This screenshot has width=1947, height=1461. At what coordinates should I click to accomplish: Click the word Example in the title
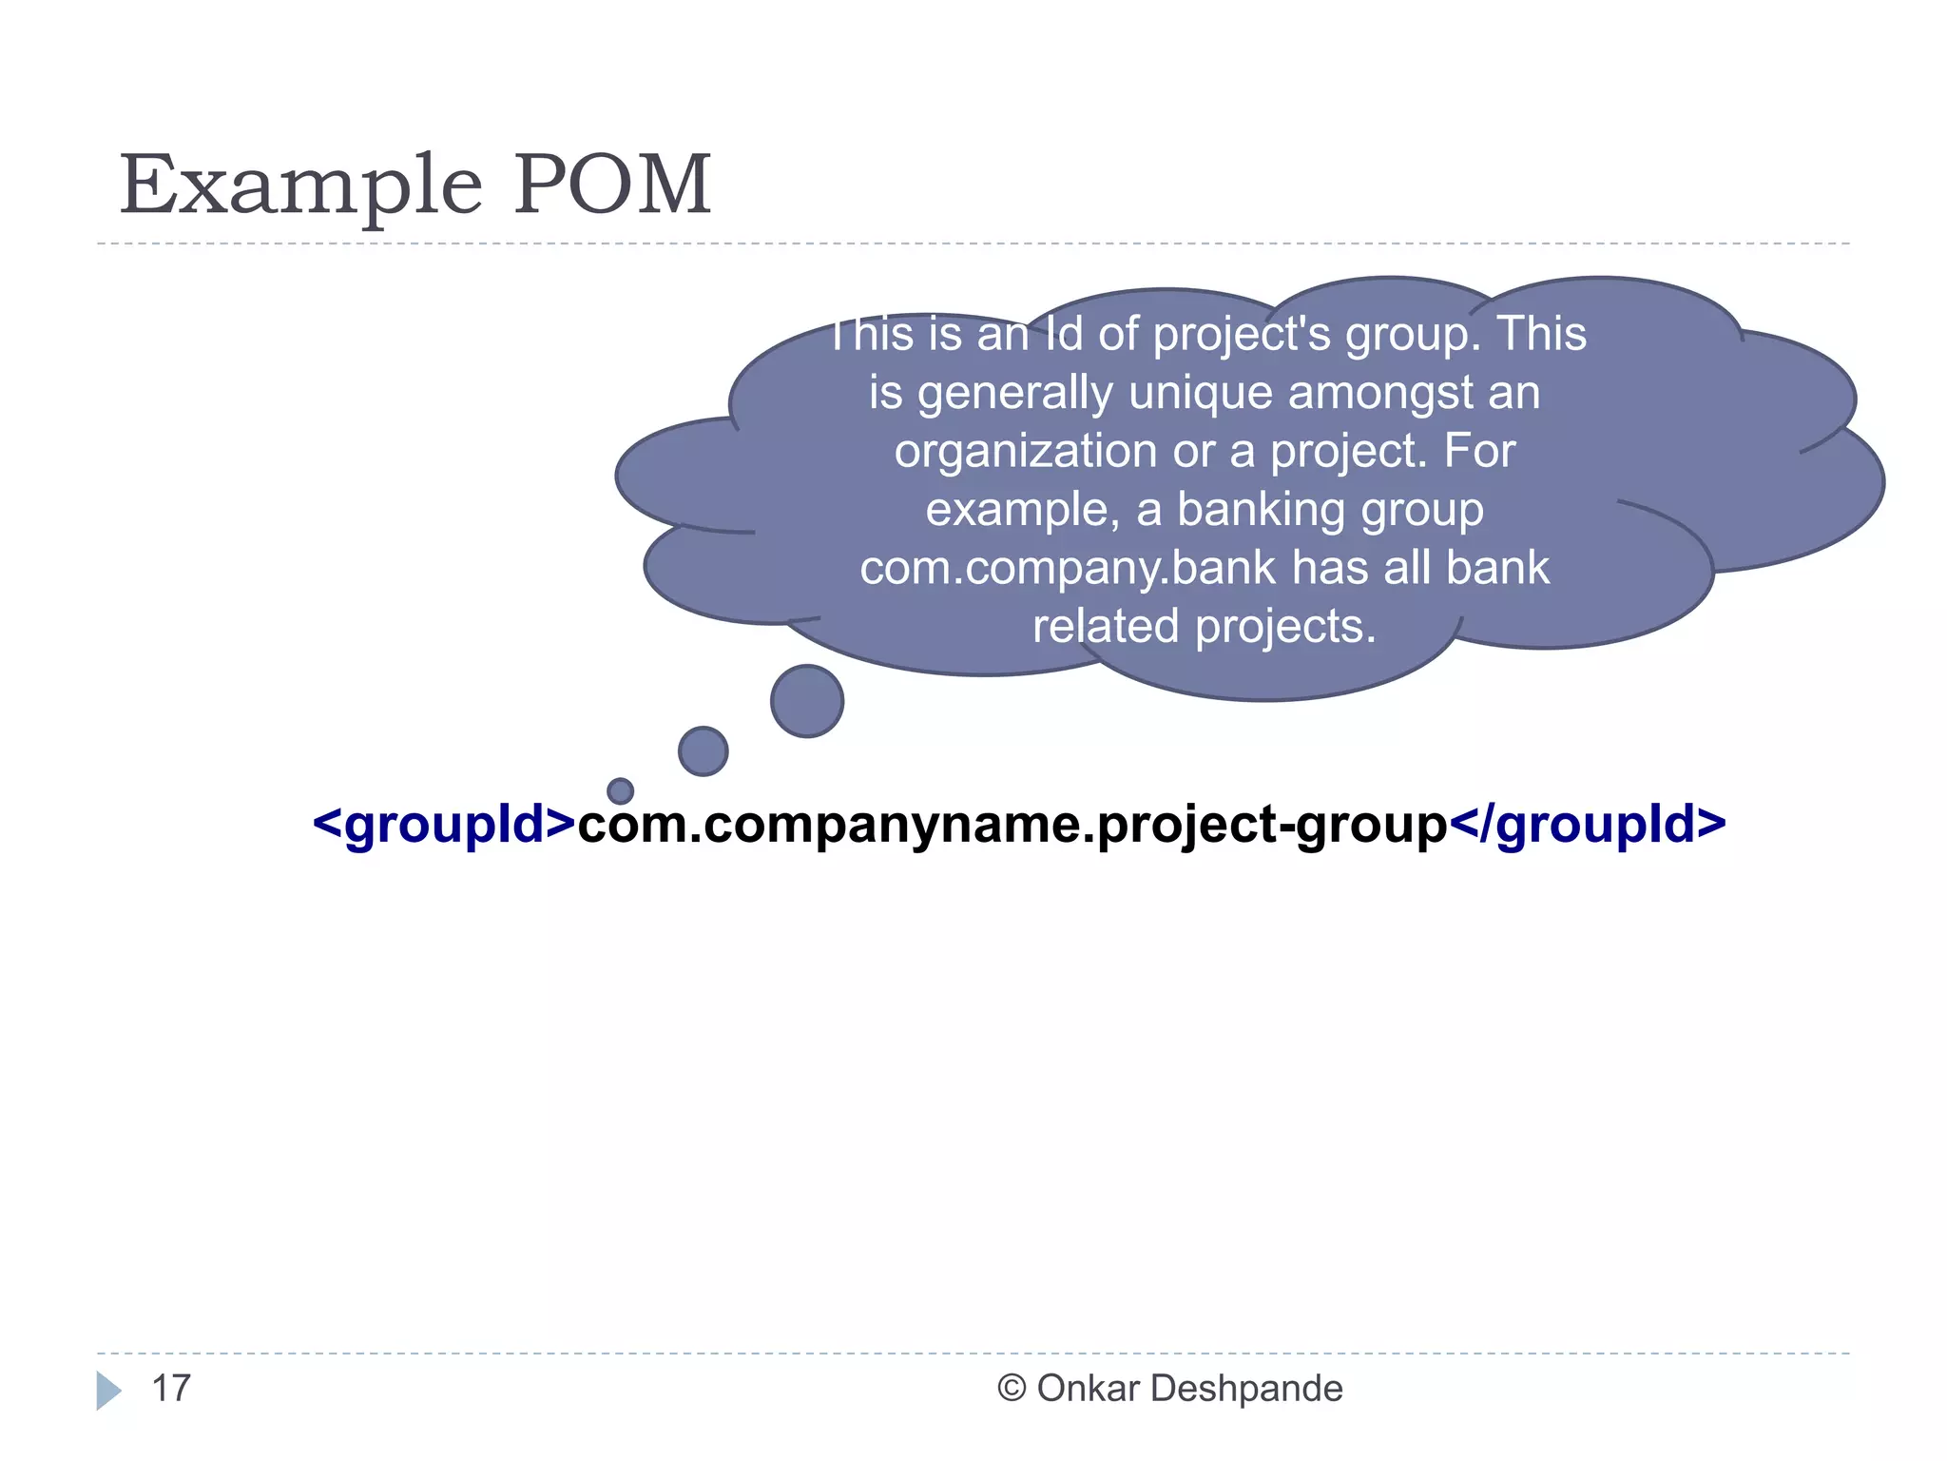[x=300, y=185]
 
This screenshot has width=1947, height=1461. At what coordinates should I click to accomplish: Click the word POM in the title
[x=612, y=185]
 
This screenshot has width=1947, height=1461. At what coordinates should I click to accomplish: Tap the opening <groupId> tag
[x=444, y=824]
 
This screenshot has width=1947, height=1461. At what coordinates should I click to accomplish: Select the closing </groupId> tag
[x=1587, y=824]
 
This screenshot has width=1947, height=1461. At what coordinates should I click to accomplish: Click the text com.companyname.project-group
[x=1012, y=824]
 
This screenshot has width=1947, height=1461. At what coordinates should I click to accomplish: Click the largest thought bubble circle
[x=807, y=701]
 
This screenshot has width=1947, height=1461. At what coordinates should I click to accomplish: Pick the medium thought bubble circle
[x=704, y=750]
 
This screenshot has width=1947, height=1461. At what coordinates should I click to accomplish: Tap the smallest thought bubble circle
[x=620, y=790]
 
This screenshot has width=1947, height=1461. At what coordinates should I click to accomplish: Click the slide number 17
[x=171, y=1389]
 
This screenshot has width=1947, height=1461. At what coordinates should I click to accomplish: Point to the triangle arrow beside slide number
[x=107, y=1391]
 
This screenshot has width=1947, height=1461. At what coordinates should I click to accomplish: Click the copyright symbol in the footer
[x=1012, y=1389]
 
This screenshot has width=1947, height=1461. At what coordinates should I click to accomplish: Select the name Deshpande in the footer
[x=1246, y=1389]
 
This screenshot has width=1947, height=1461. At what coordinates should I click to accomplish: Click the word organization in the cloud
[x=1025, y=451]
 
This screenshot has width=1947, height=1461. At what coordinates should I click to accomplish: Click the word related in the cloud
[x=1106, y=627]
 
